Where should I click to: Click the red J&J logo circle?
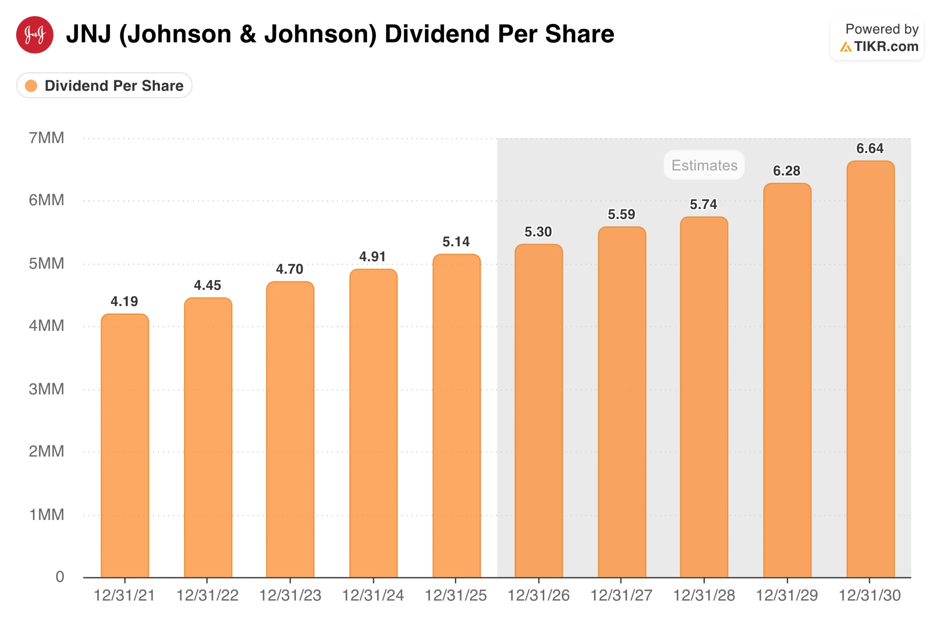coord(35,35)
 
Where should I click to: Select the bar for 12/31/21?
coord(125,446)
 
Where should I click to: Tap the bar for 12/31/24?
coord(373,424)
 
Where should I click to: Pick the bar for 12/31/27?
coord(622,402)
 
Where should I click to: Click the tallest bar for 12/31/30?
coord(871,370)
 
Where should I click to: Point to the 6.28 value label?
coord(787,171)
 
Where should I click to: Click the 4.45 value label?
coord(207,285)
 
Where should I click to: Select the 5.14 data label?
coord(456,242)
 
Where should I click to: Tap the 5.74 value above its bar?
coord(704,205)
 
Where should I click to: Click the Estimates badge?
coord(704,165)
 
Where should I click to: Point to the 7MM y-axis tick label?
coord(46,138)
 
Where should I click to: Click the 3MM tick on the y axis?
coord(46,389)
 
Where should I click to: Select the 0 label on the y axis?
coord(60,577)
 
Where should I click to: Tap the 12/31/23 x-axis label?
coord(290,596)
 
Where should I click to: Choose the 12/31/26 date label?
coord(538,596)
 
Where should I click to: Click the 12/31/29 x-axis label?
coord(787,596)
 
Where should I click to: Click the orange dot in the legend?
coord(31,86)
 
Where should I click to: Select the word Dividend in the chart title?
coord(437,34)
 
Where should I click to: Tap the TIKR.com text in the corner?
coord(886,47)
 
